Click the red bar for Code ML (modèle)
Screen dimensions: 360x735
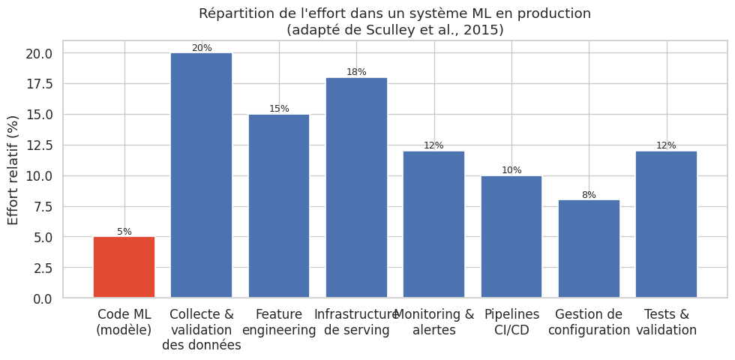(x=124, y=268)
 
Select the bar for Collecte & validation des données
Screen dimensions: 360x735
(x=201, y=175)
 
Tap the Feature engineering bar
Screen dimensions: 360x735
(x=279, y=206)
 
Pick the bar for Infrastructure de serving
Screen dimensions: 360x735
(x=356, y=187)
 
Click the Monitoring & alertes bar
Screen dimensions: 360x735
(x=433, y=224)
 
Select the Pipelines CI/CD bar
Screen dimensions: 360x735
(x=511, y=237)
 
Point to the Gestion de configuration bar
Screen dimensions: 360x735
(x=589, y=249)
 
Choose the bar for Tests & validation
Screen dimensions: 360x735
(x=666, y=224)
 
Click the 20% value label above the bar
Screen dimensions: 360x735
(x=202, y=48)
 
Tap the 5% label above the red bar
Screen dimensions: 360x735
(x=124, y=232)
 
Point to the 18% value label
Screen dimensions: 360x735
(x=356, y=72)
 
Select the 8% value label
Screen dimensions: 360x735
(x=589, y=195)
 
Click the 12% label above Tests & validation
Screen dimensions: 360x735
(x=666, y=145)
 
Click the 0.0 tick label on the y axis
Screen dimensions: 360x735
(x=43, y=298)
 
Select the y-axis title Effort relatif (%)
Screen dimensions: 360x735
(x=13, y=169)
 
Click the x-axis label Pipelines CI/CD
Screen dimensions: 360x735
(x=511, y=322)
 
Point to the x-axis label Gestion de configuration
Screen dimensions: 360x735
(x=589, y=322)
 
